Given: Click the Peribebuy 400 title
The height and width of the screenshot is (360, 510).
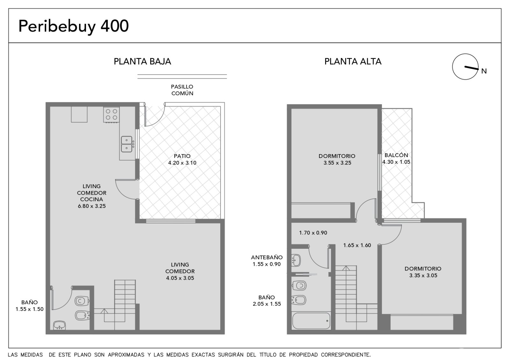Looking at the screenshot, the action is tap(74, 26).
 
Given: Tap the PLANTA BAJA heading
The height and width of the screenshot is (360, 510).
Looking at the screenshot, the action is tap(142, 61).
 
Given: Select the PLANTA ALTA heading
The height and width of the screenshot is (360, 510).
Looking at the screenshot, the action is tap(353, 61).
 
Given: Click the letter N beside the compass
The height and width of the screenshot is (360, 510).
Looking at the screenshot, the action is tap(484, 71).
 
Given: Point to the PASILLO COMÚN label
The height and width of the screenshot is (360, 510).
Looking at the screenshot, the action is tap(182, 90).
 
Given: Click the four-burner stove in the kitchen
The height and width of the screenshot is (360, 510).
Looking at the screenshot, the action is tap(112, 115).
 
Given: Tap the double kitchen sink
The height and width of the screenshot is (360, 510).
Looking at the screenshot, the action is tap(127, 144).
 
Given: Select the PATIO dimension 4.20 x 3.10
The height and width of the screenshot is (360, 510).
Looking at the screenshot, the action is tap(182, 163).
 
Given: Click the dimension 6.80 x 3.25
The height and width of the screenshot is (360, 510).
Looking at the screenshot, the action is tap(92, 206).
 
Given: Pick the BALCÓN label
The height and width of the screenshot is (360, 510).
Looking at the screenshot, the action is tap(396, 155).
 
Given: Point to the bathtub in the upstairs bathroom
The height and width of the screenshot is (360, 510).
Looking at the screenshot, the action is tap(311, 320).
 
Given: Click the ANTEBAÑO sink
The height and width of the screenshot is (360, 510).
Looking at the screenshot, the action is tap(296, 260).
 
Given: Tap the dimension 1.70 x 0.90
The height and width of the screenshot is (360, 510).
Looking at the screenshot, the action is tap(313, 233).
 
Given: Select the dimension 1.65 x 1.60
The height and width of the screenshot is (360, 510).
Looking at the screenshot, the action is tap(357, 245).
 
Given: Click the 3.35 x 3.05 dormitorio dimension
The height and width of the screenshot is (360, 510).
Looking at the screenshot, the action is tap(423, 275).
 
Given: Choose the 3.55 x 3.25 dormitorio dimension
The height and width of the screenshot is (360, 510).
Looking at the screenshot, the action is tap(338, 163).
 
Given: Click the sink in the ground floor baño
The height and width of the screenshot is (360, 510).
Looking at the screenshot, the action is tap(59, 325).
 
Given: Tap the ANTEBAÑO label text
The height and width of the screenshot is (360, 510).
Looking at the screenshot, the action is tap(266, 257).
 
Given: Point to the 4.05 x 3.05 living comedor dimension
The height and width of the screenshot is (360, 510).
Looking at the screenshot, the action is tap(180, 278).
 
